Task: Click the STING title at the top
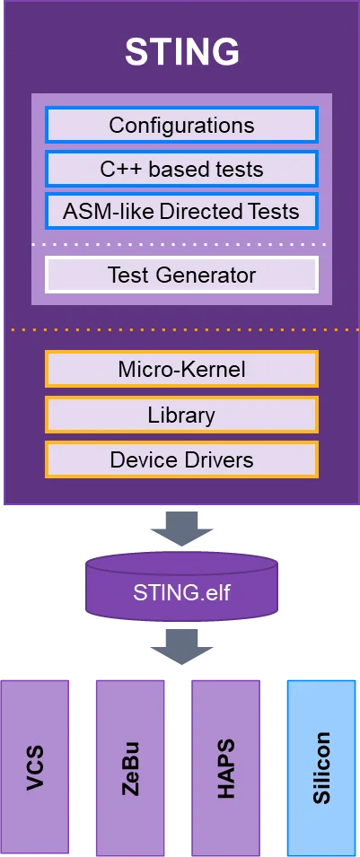(x=181, y=52)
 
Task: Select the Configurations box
(x=181, y=125)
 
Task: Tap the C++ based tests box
(x=181, y=169)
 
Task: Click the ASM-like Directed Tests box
(x=181, y=212)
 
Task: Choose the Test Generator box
(x=181, y=275)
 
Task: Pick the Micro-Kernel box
(x=181, y=369)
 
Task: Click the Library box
(x=181, y=415)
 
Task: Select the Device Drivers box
(x=181, y=459)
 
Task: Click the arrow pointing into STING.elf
(x=181, y=529)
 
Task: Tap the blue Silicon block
(x=320, y=767)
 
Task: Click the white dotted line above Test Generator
(x=181, y=244)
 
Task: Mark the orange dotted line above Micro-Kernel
(x=181, y=330)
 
